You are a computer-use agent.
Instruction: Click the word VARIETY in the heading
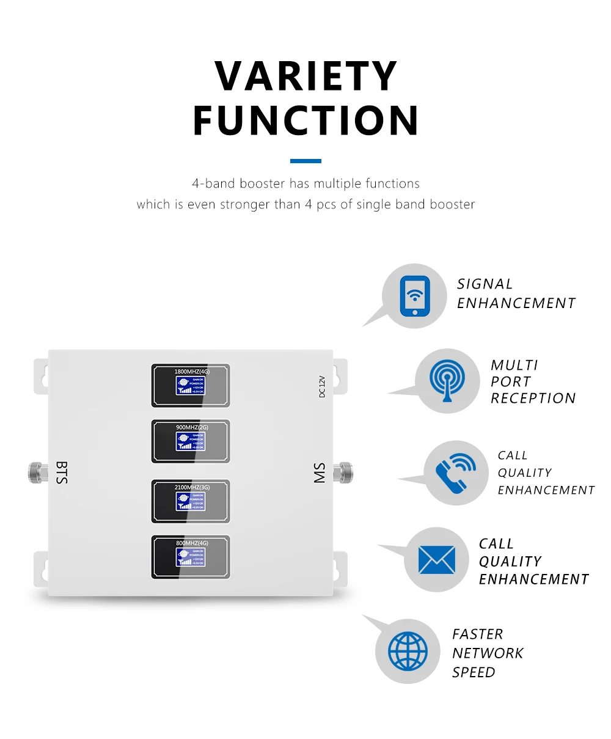306,76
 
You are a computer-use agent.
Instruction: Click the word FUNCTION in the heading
306,120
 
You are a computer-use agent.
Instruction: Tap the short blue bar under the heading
305,161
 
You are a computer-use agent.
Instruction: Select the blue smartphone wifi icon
415,296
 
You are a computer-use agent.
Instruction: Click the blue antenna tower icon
447,381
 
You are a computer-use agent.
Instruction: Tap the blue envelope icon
437,560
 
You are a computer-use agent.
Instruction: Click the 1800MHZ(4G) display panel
191,385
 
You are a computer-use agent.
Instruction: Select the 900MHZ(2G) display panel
191,441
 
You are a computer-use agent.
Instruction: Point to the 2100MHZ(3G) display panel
191,501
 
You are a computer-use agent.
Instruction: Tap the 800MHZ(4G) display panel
191,557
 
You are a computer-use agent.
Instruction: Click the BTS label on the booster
62,472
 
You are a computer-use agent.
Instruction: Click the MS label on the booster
320,472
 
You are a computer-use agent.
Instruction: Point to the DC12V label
322,386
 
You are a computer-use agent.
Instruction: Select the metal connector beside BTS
38,472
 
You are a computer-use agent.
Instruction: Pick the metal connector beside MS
343,472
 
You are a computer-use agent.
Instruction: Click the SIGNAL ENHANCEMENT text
516,293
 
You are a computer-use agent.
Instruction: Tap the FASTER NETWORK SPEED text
488,653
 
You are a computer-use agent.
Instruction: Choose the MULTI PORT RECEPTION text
533,381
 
